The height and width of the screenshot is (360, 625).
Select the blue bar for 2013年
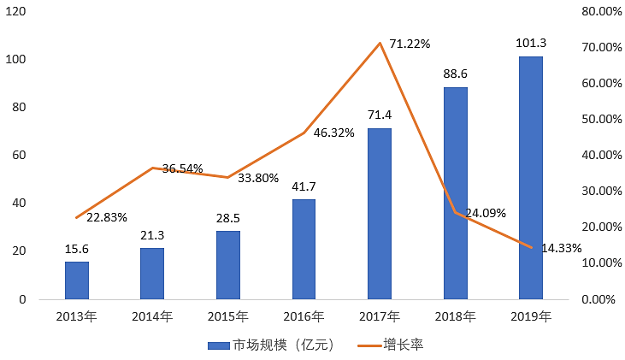pos(77,280)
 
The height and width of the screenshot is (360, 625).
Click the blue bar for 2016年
pos(304,249)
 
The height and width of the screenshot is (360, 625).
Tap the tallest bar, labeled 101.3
pos(530,178)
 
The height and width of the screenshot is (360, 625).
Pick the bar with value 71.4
pos(380,214)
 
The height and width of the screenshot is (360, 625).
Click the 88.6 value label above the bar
pos(455,74)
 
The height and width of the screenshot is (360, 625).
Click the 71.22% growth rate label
pos(410,44)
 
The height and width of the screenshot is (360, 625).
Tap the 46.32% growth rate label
pos(334,133)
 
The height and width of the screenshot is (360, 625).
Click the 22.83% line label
pos(107,217)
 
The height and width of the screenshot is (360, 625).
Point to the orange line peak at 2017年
pos(380,43)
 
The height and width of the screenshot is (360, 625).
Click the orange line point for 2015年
pos(228,177)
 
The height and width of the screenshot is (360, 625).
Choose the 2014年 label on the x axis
pos(152,316)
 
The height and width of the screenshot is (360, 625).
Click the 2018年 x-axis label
pos(455,316)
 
